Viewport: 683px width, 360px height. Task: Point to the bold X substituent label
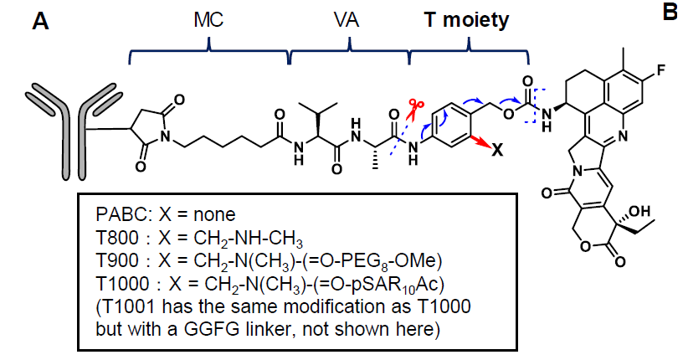[x=496, y=151]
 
